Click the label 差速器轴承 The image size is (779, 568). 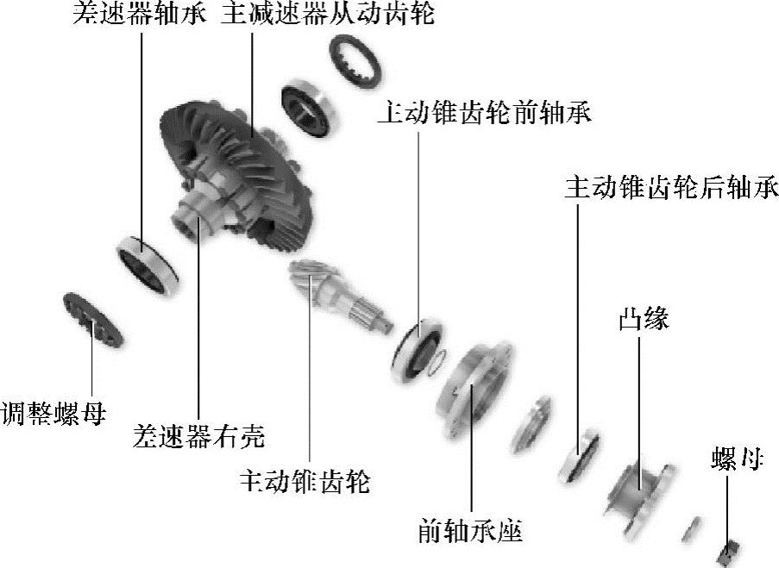click(139, 15)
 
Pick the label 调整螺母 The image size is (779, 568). click(53, 413)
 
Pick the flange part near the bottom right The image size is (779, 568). click(638, 495)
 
